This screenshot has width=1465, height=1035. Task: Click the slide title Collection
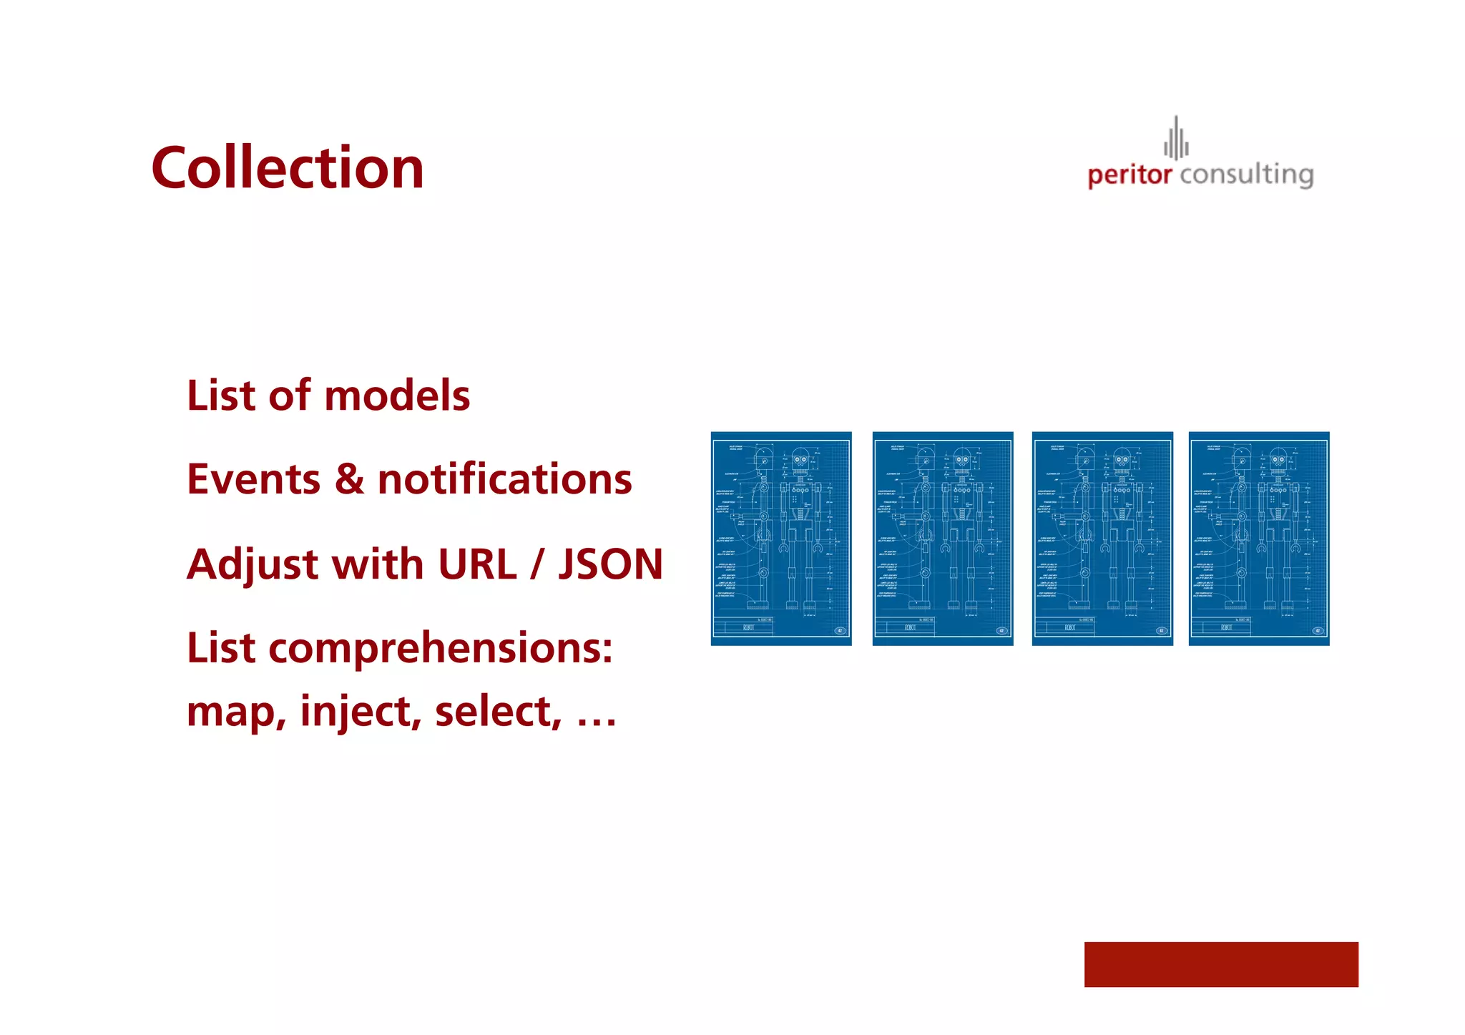[x=288, y=168]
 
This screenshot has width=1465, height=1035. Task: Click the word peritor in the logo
[x=1129, y=175]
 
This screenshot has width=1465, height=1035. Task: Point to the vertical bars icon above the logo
[x=1176, y=138]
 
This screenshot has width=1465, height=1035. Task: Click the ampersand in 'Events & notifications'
[x=349, y=479]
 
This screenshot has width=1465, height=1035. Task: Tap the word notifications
[x=504, y=479]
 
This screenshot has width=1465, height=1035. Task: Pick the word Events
[x=253, y=479]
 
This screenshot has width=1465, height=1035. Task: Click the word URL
[x=477, y=564]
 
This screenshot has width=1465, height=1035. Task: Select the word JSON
[x=610, y=564]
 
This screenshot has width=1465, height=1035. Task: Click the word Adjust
[x=253, y=565]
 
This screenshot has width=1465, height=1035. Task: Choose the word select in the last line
[x=498, y=712]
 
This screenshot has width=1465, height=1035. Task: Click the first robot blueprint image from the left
[x=781, y=539]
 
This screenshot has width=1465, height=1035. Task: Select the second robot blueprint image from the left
[x=942, y=539]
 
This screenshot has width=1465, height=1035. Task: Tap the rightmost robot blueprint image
[x=1259, y=539]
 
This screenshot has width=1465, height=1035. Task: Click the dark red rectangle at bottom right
[x=1220, y=964]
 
